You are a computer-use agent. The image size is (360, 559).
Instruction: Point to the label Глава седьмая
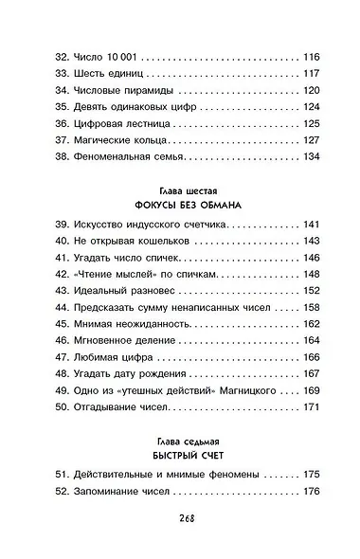(x=180, y=434)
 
